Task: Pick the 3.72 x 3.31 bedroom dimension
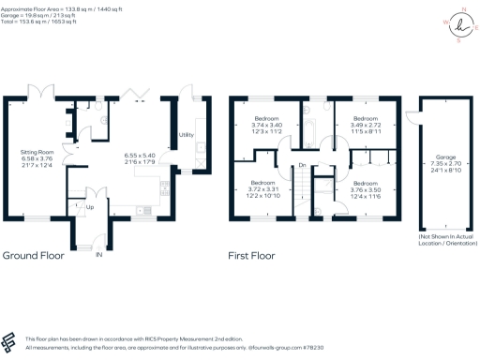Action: tap(262, 188)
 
